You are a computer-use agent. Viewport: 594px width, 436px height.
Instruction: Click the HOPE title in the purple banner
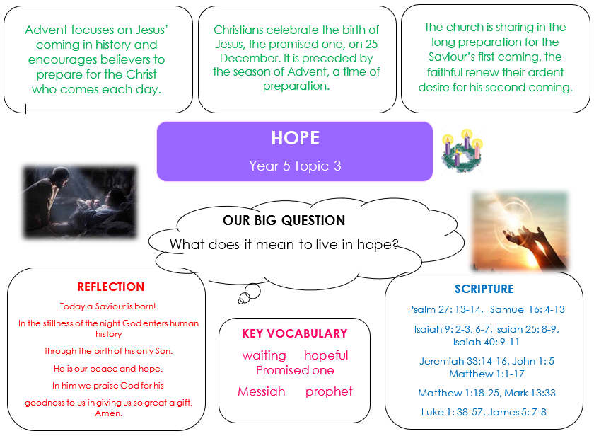click(x=295, y=138)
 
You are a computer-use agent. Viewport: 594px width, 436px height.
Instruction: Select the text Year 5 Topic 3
click(x=295, y=166)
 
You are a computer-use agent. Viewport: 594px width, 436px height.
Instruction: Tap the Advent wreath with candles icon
click(x=462, y=151)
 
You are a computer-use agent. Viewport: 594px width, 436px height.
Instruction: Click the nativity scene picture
click(x=80, y=202)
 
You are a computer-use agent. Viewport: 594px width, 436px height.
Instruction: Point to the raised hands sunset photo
click(x=520, y=231)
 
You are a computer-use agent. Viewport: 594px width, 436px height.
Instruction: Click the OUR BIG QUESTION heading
click(x=284, y=220)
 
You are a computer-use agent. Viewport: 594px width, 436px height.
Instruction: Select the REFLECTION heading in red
click(x=110, y=287)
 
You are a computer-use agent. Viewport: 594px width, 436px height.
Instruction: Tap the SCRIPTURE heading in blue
click(x=484, y=289)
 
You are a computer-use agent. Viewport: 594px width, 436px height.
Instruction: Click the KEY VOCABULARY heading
click(x=295, y=333)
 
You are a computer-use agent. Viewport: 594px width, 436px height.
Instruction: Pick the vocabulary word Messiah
click(x=262, y=391)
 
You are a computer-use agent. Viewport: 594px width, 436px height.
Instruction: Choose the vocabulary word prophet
click(x=329, y=391)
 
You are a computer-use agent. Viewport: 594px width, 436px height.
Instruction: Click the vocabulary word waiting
click(x=264, y=355)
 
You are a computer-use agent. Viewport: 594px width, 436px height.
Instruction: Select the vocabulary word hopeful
click(x=326, y=355)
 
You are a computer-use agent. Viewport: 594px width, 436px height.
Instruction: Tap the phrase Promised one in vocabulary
click(x=295, y=370)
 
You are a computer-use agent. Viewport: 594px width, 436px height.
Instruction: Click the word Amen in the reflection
click(x=109, y=413)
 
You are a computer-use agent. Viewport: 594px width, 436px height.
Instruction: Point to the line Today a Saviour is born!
click(x=107, y=306)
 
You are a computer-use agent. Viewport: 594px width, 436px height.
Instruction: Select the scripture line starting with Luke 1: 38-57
click(x=484, y=412)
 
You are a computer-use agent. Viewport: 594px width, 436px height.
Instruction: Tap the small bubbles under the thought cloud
click(x=251, y=292)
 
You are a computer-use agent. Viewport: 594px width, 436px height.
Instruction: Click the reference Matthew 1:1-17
click(x=487, y=374)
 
